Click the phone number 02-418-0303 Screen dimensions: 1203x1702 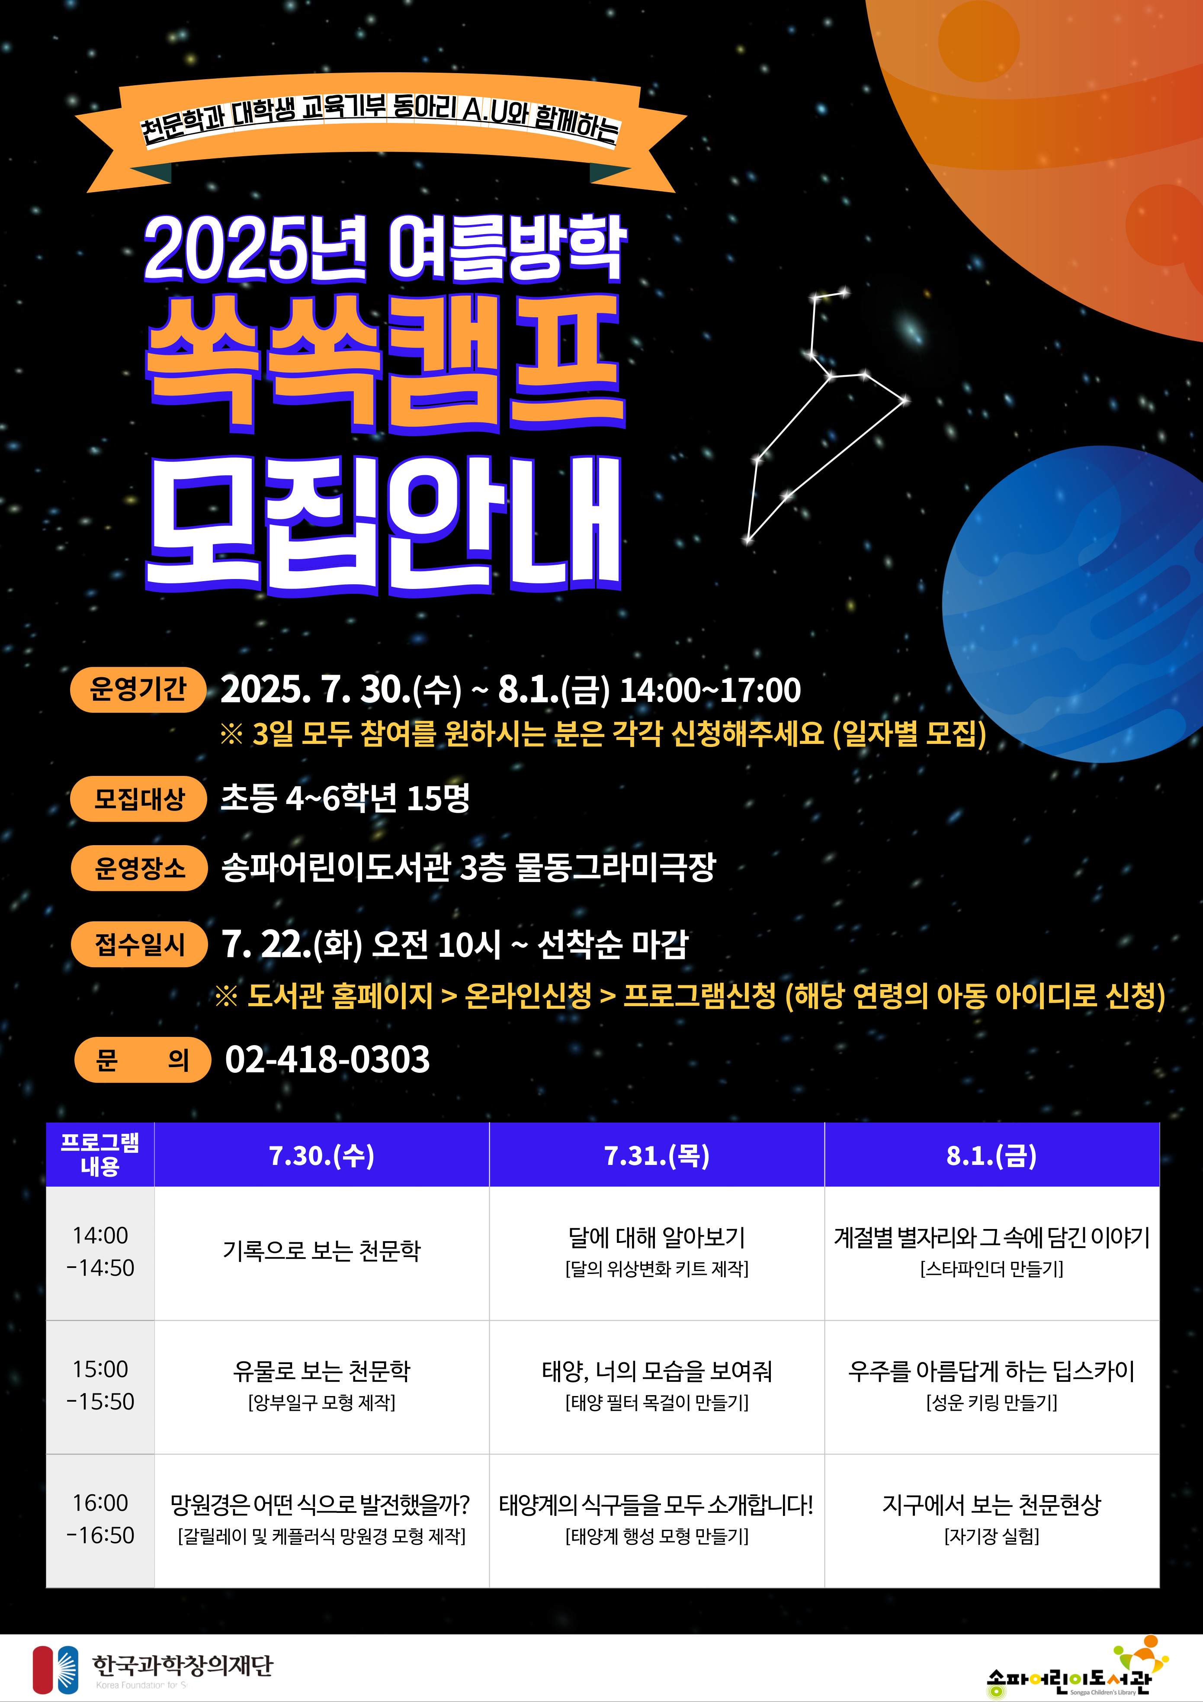tap(327, 1059)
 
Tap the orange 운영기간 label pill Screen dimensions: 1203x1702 tap(138, 689)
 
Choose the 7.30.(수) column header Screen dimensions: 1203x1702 tap(322, 1155)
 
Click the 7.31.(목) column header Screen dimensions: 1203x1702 tap(657, 1155)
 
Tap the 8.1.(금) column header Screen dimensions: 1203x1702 tap(992, 1155)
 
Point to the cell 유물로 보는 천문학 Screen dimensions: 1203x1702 tap(322, 1386)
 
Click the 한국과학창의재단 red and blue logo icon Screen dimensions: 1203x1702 tap(56, 1670)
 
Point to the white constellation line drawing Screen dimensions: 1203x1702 tap(827, 415)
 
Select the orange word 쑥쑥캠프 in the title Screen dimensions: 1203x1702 tap(385, 363)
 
